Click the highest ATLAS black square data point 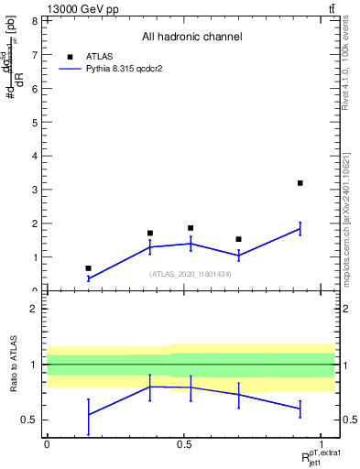point(300,183)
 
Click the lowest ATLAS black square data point point(88,268)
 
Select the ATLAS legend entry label point(100,56)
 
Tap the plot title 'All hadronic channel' point(191,37)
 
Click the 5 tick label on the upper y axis point(35,122)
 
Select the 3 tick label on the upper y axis point(35,190)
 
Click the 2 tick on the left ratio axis point(35,309)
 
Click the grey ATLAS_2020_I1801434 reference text point(191,274)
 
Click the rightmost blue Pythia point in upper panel point(300,229)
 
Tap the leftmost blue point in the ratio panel point(88,415)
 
